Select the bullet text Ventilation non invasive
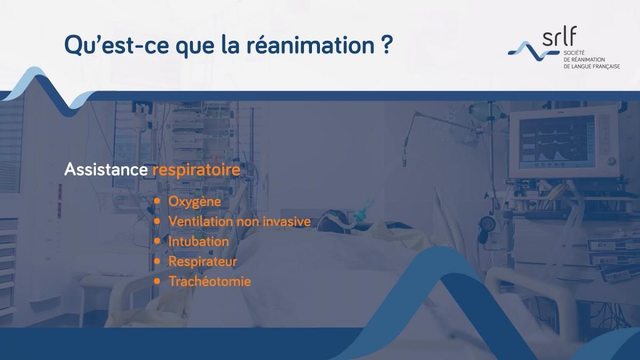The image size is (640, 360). click(239, 221)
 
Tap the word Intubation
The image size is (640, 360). click(198, 241)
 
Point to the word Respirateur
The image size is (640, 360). click(202, 261)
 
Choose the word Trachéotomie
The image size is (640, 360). click(209, 281)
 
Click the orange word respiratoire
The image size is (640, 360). click(196, 170)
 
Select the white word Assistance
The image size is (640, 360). click(106, 170)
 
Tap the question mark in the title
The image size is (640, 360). click(387, 45)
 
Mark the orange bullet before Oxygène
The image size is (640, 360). click(157, 201)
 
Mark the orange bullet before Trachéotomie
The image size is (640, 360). click(157, 281)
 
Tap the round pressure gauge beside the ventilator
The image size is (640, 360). click(486, 223)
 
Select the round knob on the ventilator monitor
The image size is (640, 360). click(611, 161)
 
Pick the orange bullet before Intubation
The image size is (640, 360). click(157, 241)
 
